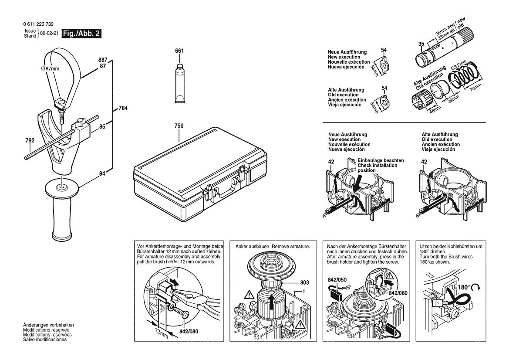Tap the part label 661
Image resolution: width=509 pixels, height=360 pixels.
click(179, 51)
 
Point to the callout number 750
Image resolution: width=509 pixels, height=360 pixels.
click(179, 126)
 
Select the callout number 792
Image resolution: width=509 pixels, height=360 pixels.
click(30, 141)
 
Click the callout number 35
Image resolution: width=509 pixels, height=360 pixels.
click(421, 44)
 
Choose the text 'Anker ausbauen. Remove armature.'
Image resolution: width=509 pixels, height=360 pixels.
click(273, 246)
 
